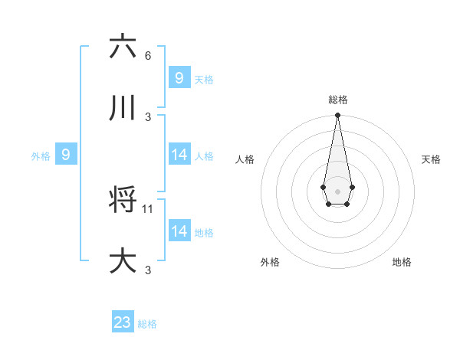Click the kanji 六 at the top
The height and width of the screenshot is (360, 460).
[123, 47]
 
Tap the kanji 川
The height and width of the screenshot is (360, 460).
[123, 109]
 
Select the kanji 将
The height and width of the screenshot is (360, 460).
[123, 201]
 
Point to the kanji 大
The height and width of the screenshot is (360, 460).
[123, 261]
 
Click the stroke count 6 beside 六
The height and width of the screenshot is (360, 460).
[148, 55]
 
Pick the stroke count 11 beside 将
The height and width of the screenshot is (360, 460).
[149, 208]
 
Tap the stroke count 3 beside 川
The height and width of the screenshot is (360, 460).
[148, 116]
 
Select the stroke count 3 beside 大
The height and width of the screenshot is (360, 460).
[148, 270]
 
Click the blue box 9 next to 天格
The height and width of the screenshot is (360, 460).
[179, 78]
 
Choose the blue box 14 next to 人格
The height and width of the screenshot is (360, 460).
[179, 155]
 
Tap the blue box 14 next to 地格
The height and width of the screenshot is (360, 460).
[179, 231]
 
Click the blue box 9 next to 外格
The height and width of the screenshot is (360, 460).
[66, 155]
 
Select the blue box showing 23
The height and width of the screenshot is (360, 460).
[123, 322]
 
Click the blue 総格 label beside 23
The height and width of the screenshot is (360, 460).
[147, 324]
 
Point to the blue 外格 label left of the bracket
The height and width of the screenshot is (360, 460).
[41, 155]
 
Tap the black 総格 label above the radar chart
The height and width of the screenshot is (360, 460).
[338, 100]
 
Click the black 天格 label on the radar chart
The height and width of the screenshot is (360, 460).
[431, 159]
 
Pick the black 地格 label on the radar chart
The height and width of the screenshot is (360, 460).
[402, 262]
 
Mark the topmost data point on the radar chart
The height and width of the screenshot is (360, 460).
[337, 115]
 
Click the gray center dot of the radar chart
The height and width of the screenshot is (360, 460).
[337, 190]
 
